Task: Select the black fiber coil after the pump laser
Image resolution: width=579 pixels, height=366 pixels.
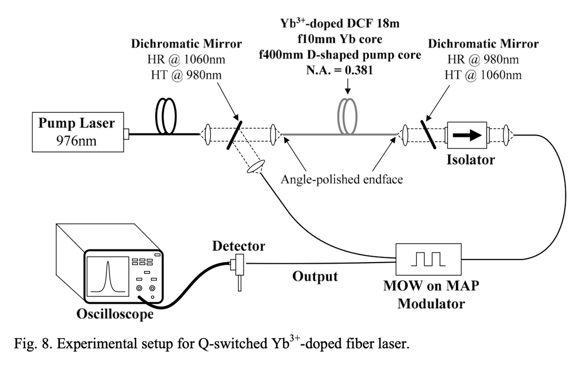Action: [167, 117]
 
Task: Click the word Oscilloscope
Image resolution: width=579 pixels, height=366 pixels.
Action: [115, 314]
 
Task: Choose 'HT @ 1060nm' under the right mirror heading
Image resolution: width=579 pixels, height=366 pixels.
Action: [482, 74]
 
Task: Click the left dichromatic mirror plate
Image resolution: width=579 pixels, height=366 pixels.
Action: [235, 134]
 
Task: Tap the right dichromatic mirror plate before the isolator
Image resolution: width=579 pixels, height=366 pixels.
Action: [427, 135]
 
